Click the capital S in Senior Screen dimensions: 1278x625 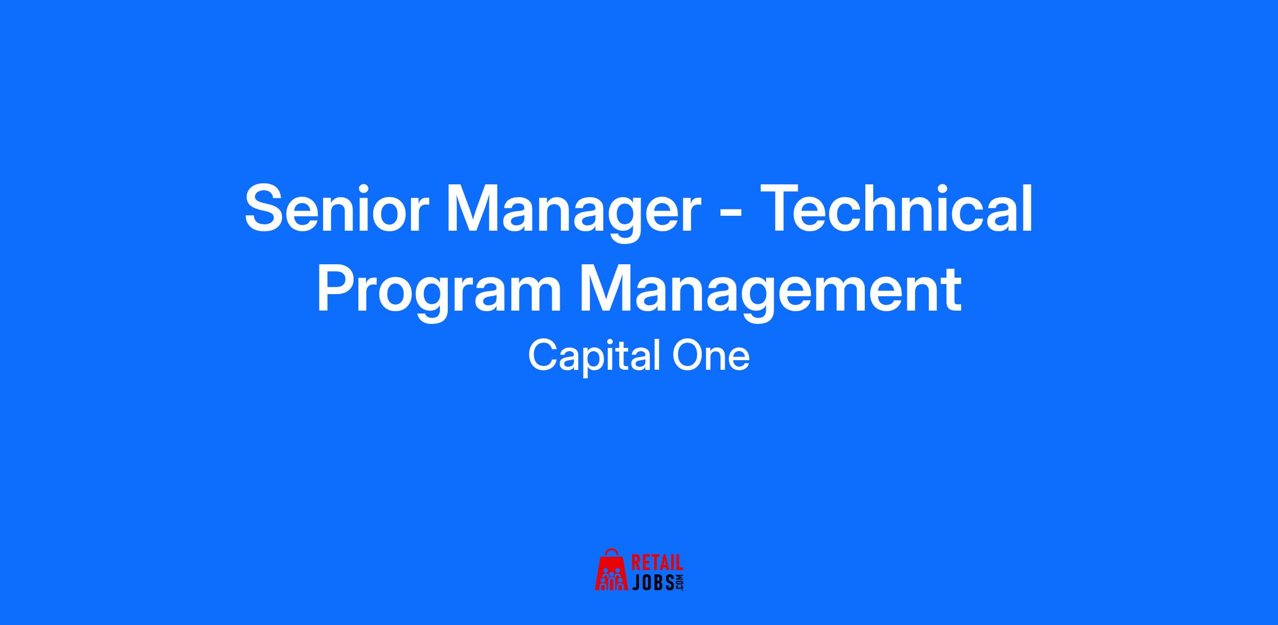(266, 208)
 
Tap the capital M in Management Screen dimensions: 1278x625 (607, 288)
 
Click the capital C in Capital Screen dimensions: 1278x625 (543, 356)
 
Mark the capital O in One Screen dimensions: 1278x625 (688, 356)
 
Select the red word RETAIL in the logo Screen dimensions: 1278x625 (657, 564)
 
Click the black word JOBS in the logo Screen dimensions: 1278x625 (653, 582)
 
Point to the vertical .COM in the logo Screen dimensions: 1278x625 (679, 582)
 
